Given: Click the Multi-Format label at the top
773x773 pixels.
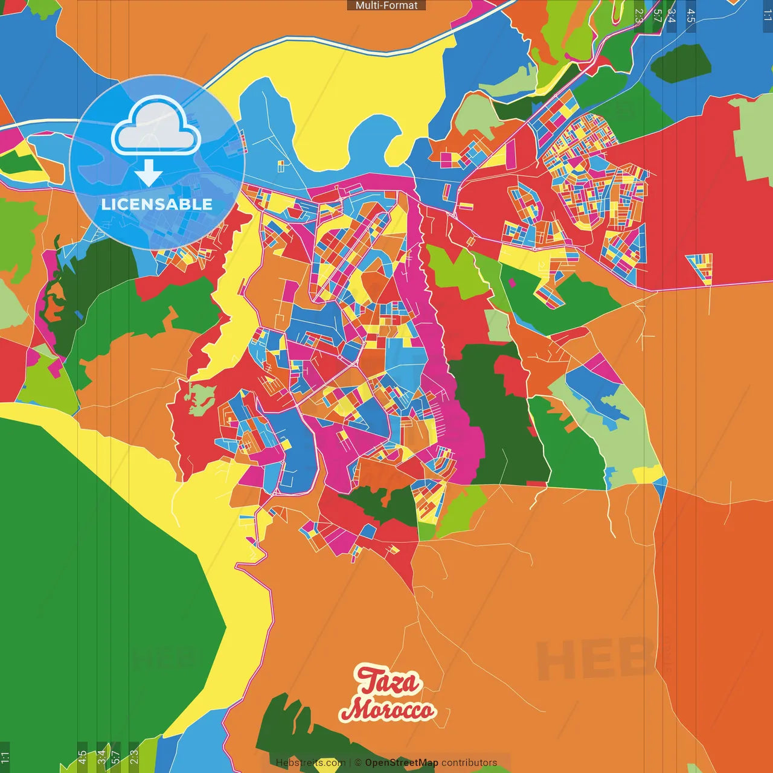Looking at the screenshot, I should click(386, 5).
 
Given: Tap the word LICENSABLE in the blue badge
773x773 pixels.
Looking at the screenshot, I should click(156, 204).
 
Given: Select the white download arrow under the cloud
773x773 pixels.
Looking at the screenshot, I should click(149, 173).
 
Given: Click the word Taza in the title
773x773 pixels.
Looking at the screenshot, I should click(388, 681).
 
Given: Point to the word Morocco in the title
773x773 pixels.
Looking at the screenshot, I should click(387, 710).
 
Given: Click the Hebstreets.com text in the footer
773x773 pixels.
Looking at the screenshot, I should click(310, 763).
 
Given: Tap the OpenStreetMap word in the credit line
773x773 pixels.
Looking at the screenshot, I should click(402, 763).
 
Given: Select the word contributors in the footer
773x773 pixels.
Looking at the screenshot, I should click(469, 763).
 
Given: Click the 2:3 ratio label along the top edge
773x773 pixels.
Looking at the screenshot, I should click(639, 15).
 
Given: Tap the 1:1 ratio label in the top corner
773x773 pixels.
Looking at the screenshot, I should click(767, 15).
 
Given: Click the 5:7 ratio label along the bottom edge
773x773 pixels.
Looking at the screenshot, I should click(115, 757).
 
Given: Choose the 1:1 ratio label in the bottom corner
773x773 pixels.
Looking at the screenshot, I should click(5, 757).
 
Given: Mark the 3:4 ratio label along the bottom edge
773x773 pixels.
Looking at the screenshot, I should click(101, 757).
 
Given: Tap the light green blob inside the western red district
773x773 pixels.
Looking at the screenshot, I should click(200, 399).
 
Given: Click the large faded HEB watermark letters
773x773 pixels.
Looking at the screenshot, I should click(595, 659).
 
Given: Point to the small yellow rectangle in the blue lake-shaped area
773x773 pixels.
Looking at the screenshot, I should click(281, 165).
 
